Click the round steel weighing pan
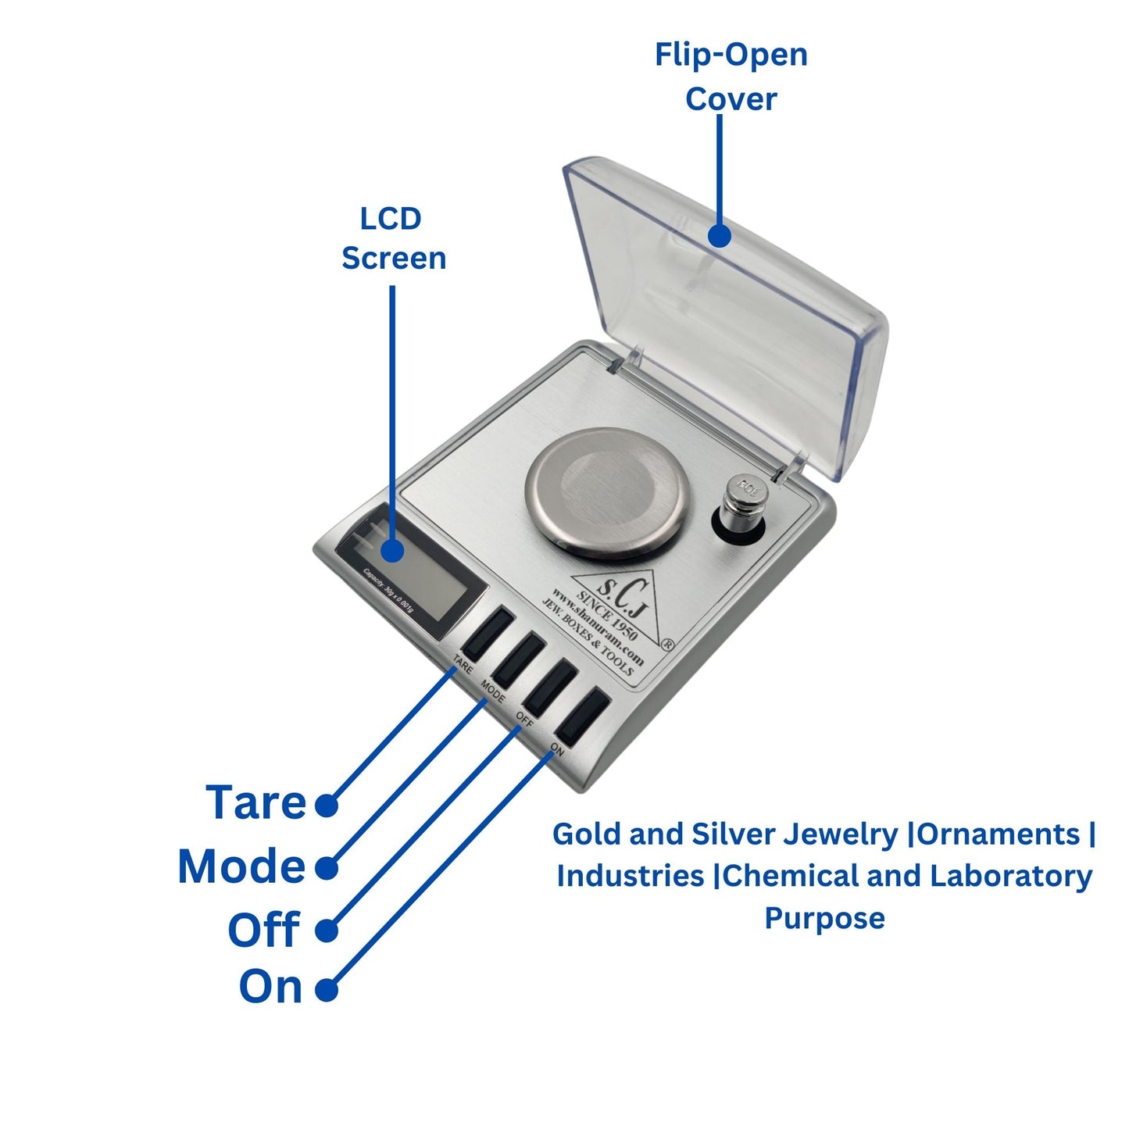609,494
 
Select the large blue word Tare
256,803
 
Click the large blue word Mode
241,866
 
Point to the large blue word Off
263,930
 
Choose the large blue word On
270,987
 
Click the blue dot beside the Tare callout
327,806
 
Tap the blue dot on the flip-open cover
718,235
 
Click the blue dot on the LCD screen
392,551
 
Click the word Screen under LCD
394,259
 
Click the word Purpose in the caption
824,918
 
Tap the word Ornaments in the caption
999,834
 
